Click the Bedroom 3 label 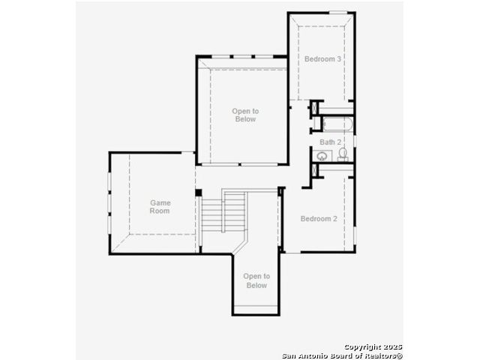tap(322, 58)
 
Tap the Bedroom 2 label tap(319, 218)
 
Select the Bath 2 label tap(330, 142)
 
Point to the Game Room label tap(160, 207)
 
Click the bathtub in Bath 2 tap(338, 124)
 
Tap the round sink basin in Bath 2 tap(322, 156)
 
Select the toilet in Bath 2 tap(343, 154)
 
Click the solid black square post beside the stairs tap(198, 193)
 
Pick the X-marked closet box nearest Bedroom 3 tap(314, 108)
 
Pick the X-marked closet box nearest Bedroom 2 tap(314, 171)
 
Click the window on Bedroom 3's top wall tap(338, 13)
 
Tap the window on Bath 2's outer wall tap(355, 141)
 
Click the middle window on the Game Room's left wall tap(109, 202)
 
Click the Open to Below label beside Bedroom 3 tap(245, 115)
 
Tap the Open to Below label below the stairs tap(256, 280)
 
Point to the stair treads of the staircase tap(223, 211)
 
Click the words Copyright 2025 tap(373, 346)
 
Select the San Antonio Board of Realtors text tap(342, 355)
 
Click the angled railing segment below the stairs tap(240, 246)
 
